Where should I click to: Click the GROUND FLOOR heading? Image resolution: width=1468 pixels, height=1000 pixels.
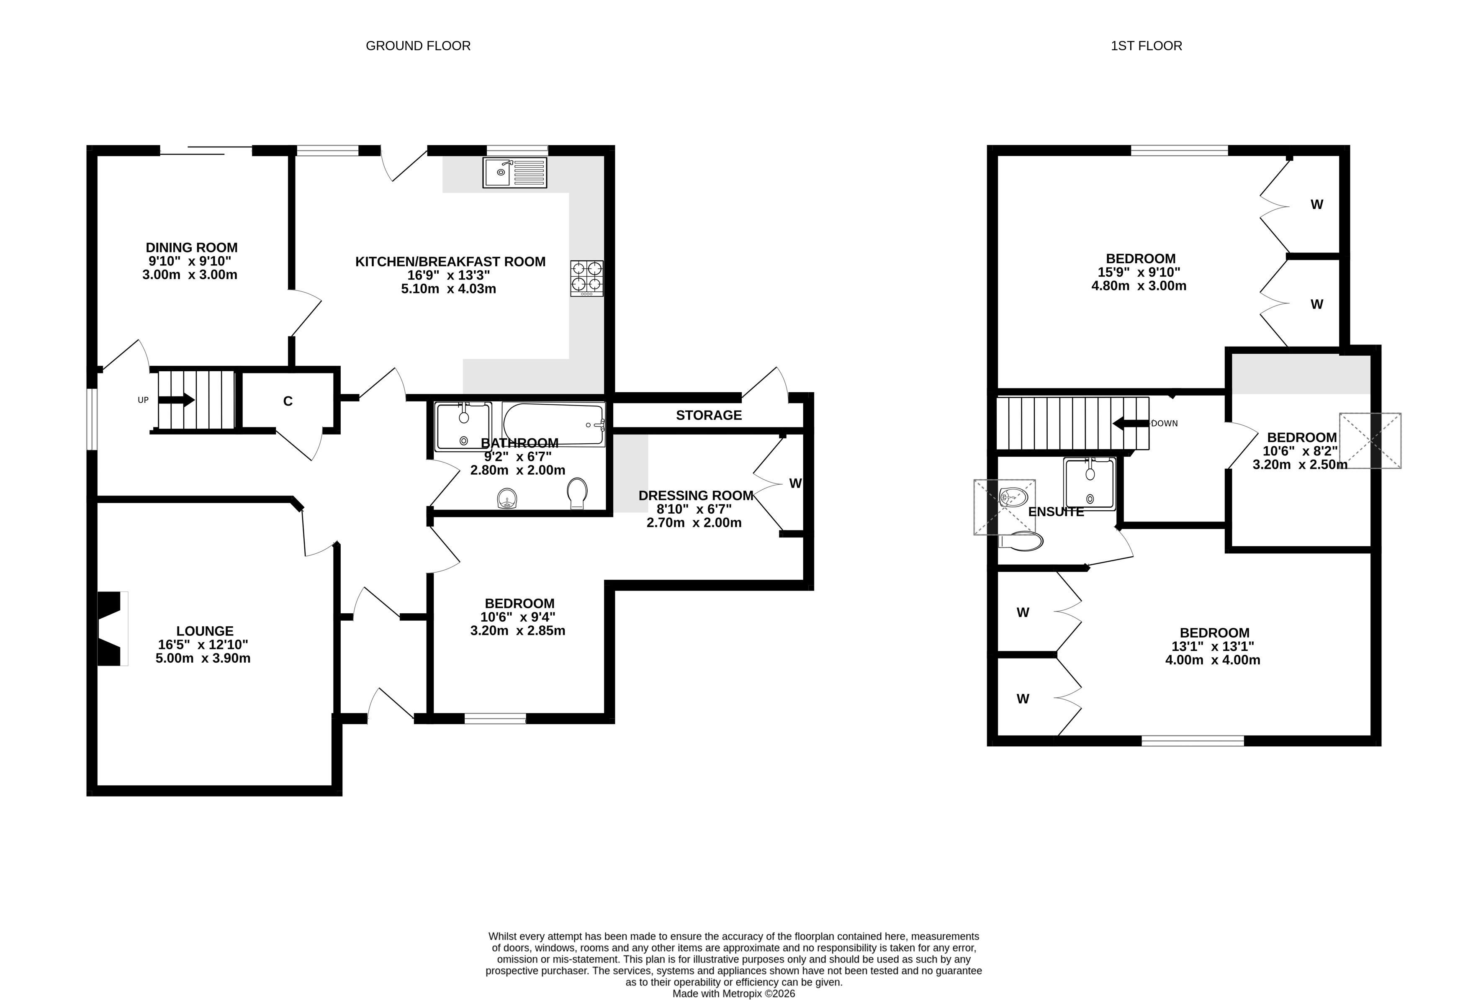click(x=418, y=46)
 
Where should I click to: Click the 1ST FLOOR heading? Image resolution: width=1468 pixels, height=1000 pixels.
click(x=1147, y=46)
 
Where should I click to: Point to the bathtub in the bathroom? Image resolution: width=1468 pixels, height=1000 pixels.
click(x=553, y=424)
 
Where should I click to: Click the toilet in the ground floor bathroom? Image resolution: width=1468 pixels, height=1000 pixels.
click(x=577, y=493)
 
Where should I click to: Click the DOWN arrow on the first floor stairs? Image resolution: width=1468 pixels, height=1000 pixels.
click(x=1131, y=423)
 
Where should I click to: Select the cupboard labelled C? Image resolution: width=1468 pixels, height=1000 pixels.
click(x=288, y=401)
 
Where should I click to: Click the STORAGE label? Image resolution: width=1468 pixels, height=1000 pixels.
click(x=709, y=415)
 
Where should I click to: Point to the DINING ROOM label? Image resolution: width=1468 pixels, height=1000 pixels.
click(x=192, y=248)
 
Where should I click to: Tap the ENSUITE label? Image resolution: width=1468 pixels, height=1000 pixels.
click(x=1056, y=512)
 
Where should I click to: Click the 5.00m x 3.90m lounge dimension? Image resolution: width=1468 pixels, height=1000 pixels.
click(x=203, y=658)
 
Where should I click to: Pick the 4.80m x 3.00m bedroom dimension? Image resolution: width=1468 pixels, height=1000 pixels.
click(x=1139, y=285)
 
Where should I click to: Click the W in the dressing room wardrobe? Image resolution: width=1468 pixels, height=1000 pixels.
click(x=795, y=483)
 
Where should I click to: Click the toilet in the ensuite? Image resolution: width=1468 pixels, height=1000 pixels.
click(x=1020, y=541)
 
